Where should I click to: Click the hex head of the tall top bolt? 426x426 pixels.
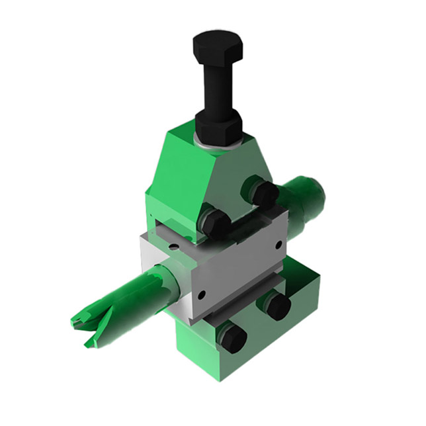[218, 46]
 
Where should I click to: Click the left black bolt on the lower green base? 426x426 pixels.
[233, 339]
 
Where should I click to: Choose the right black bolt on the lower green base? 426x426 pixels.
[278, 306]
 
